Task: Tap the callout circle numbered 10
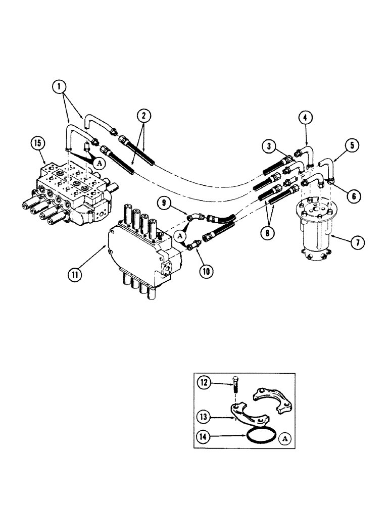[x=207, y=271]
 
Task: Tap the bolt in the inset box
[x=235, y=389]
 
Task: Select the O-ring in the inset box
[x=261, y=435]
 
